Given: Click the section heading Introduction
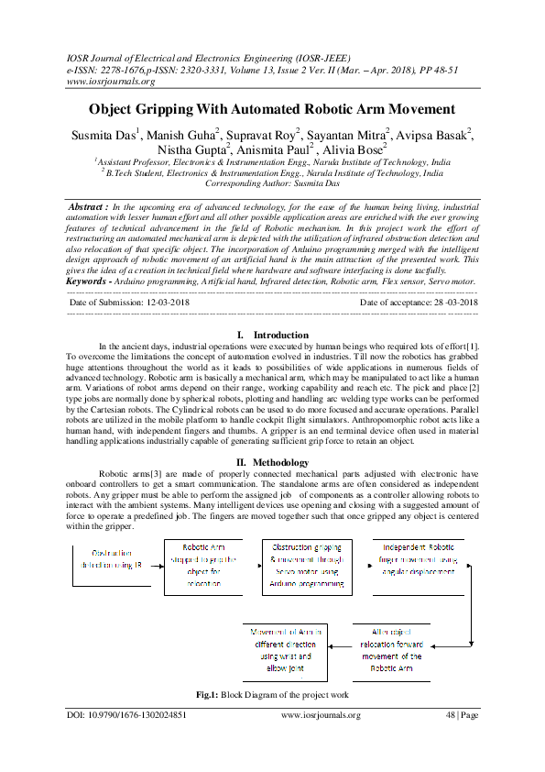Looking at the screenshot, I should point(281,310).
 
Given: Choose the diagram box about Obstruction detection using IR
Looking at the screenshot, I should point(108,560).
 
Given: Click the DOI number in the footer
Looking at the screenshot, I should point(128,715).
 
